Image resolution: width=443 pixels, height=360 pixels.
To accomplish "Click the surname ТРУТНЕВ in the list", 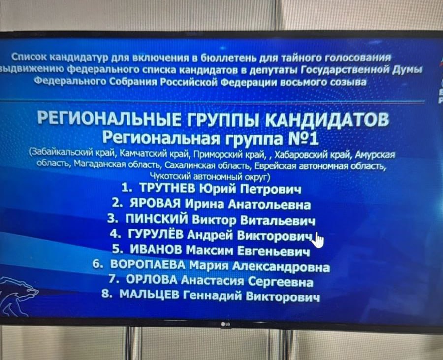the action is (167, 188).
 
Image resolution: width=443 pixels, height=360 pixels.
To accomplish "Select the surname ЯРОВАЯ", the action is (155, 203).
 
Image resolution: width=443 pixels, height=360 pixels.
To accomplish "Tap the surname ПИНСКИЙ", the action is (157, 219).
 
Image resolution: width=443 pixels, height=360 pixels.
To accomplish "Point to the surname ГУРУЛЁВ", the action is (156, 234).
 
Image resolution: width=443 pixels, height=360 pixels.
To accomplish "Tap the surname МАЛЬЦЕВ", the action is (149, 295).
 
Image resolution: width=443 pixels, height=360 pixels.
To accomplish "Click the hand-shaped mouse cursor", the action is (318, 240).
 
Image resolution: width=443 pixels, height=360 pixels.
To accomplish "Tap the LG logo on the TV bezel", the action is (225, 324).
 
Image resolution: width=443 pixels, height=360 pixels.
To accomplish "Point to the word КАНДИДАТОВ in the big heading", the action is (328, 119).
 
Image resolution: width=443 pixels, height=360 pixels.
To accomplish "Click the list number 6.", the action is (97, 264).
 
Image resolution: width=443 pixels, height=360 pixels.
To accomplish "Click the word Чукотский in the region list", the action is (171, 177).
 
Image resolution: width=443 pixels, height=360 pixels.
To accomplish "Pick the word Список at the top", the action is (29, 57).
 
